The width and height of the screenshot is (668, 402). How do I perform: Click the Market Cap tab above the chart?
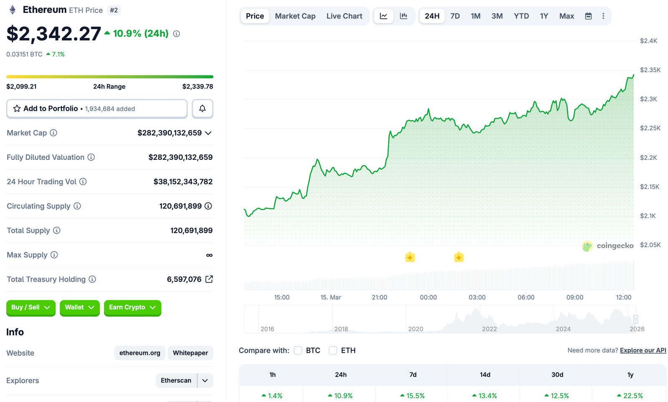295,16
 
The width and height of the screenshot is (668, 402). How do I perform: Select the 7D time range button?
455,16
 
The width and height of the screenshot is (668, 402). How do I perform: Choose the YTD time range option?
521,16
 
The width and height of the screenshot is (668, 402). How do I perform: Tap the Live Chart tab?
344,16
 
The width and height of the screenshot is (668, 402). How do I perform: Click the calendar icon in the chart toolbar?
588,16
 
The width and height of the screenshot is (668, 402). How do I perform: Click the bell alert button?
202,109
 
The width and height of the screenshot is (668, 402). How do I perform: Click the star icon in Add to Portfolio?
17,109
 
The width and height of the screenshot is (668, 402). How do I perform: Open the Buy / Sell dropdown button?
31,308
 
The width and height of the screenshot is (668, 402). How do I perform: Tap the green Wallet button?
79,308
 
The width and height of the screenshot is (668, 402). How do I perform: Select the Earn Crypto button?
132,308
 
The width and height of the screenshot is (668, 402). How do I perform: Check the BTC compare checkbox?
298,351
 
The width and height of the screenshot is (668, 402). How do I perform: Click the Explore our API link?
643,350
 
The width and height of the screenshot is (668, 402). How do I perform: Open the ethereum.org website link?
140,353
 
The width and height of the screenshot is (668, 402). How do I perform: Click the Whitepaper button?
190,353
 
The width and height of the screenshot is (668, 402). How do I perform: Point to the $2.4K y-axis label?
648,41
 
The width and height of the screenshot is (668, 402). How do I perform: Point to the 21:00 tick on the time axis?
380,297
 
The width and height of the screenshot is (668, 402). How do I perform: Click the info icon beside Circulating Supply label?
77,206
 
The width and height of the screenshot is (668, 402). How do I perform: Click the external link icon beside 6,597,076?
209,279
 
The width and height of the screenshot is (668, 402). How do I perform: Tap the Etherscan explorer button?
176,381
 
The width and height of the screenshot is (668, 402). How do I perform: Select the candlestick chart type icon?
404,16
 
